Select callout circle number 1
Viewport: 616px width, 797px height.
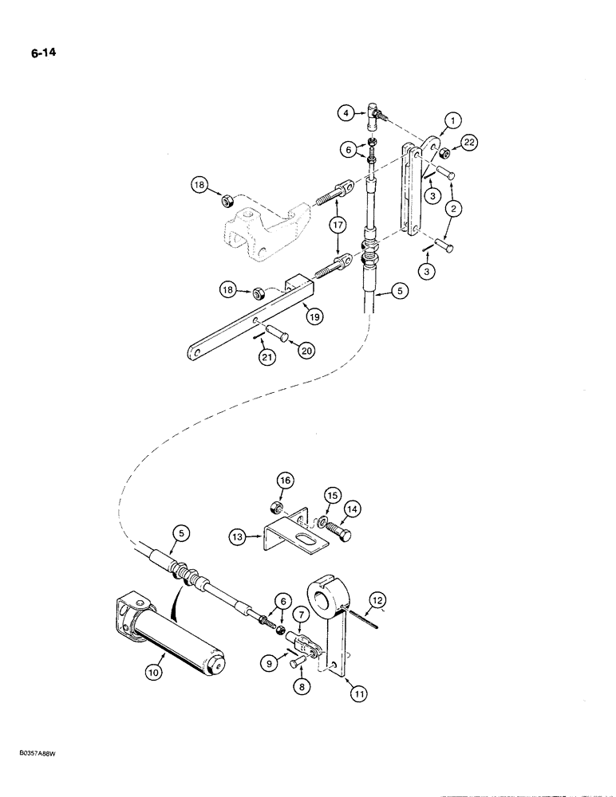[452, 121]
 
